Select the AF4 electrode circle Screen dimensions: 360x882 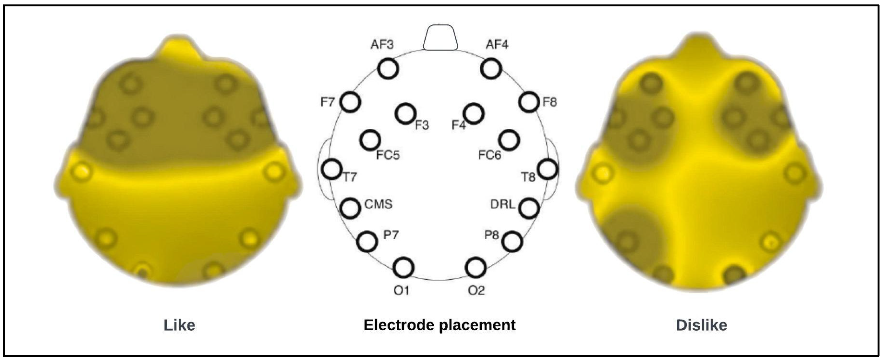coord(491,68)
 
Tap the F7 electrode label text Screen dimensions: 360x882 coord(327,102)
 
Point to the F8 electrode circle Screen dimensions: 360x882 coord(529,102)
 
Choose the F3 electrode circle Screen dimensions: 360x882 coord(405,113)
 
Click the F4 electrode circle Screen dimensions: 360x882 coord(474,113)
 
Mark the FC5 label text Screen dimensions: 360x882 coord(388,155)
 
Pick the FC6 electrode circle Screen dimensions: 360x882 coord(509,140)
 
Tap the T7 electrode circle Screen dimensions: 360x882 coord(332,169)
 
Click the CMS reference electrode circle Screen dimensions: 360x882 coord(350,208)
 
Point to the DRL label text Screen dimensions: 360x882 coord(503,205)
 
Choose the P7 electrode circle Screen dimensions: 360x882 coord(367,241)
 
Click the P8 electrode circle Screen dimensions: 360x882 coord(512,241)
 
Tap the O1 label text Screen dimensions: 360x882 coord(401,291)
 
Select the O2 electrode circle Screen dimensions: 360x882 coord(476,267)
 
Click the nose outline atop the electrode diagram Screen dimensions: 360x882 coord(440,37)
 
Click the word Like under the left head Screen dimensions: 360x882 coord(179,325)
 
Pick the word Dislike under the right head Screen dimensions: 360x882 coord(701,325)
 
